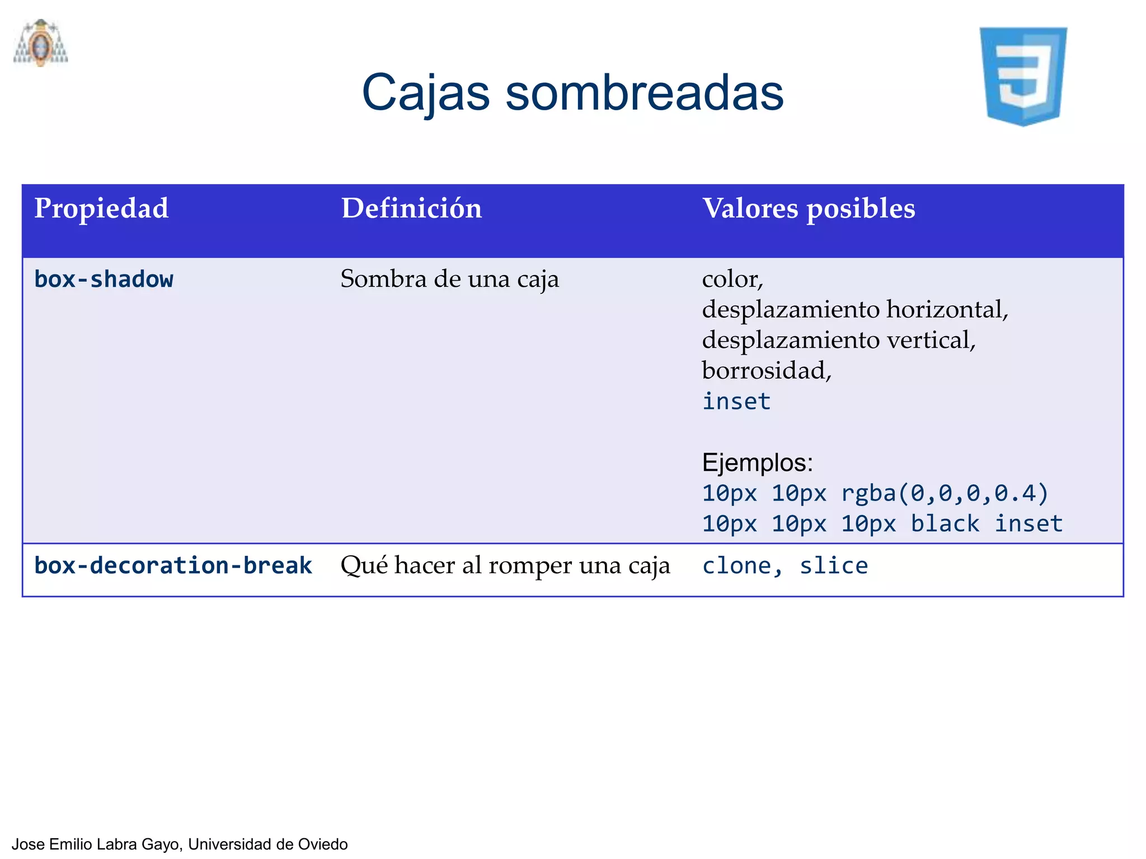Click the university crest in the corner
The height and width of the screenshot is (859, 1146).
[x=40, y=44]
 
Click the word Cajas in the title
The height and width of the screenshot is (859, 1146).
[x=425, y=93]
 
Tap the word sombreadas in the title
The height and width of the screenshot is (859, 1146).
[x=644, y=93]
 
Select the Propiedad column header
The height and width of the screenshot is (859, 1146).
[x=101, y=209]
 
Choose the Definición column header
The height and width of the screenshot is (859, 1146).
[x=411, y=209]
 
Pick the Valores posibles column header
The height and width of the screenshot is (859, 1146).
[x=809, y=209]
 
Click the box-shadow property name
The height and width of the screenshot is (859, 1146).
[x=104, y=279]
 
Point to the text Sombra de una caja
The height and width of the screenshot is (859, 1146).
[x=449, y=279]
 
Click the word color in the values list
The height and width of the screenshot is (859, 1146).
[x=730, y=279]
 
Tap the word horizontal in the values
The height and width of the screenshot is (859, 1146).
[x=946, y=309]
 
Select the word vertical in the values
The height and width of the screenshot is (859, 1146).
[x=929, y=340]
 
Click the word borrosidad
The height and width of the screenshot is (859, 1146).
[x=764, y=370]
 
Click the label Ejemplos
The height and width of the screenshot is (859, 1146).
[x=757, y=462]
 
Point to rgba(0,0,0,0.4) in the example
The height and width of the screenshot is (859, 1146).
[x=945, y=493]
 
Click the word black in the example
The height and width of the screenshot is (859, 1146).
[x=945, y=524]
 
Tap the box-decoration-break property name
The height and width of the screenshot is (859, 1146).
[x=173, y=565]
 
